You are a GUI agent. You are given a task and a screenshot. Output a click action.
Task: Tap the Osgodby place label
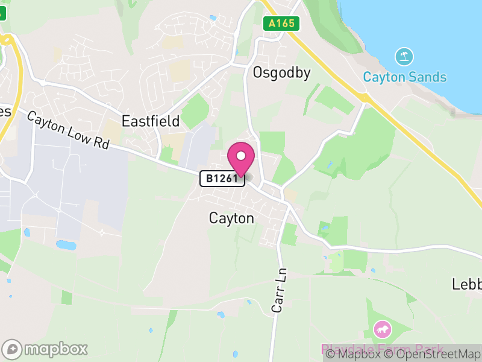coord(282,74)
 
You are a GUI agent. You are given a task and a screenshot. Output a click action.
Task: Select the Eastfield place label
coord(151,121)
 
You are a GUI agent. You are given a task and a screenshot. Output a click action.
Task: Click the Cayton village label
coord(231,218)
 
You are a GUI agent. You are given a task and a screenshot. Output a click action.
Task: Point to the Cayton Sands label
coord(404,77)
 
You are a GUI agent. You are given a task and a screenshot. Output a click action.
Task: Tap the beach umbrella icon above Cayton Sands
coord(404,57)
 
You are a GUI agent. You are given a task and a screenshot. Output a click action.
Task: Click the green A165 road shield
coord(281,24)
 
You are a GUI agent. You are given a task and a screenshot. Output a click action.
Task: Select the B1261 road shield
coord(222,179)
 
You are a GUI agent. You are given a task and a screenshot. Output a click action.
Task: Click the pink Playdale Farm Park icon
coord(382,329)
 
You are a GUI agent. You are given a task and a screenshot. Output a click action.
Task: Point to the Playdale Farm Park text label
coord(382,349)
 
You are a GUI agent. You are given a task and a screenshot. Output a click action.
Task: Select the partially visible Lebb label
coord(467,284)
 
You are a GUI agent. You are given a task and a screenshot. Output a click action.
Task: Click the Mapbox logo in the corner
coord(45,349)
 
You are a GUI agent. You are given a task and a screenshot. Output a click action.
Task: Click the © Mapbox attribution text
coord(353,354)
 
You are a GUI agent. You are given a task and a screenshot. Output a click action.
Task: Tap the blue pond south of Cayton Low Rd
coord(66,245)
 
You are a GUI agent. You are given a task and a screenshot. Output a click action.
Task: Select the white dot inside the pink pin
coord(241,156)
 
